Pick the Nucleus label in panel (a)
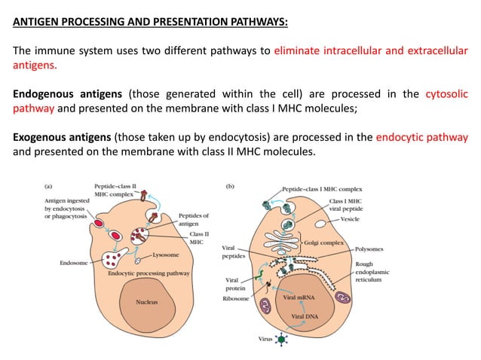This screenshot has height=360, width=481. [146, 303]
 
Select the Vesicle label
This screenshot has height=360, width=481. [351, 219]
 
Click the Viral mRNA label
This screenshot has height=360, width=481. [299, 298]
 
